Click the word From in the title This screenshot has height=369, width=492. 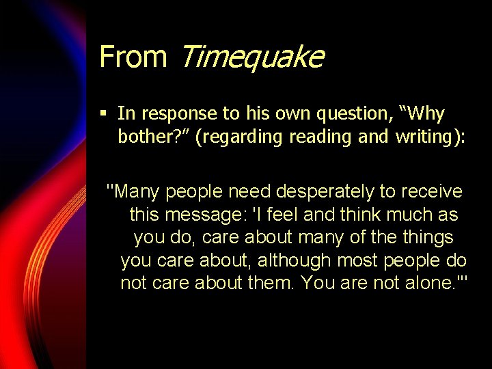point(133,56)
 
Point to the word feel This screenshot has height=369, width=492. point(283,215)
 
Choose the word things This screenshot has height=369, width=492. point(427,237)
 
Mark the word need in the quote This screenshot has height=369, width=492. point(248,191)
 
